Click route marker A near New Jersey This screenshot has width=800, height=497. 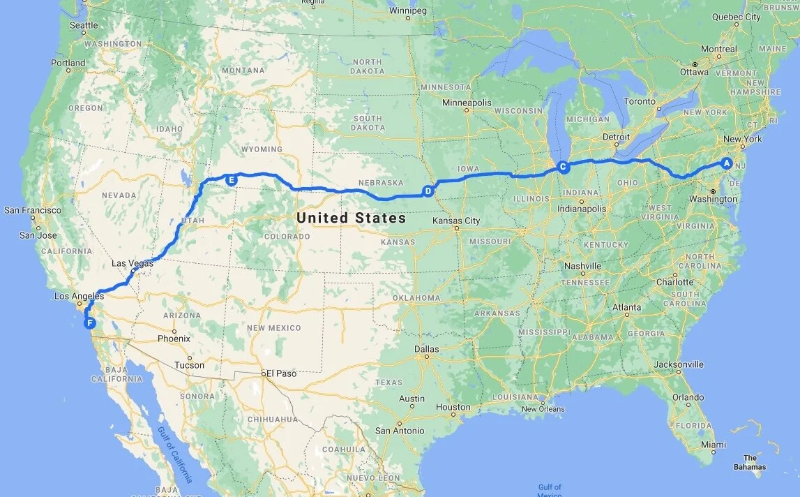coord(726,163)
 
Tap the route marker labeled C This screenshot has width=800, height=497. coord(563,167)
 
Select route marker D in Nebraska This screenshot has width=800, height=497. coord(428,190)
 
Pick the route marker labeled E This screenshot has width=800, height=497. coord(232,179)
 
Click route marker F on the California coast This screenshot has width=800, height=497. coord(89,322)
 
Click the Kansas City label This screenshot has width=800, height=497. coord(456,221)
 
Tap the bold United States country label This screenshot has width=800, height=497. coord(351,218)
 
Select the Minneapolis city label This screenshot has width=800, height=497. coord(467,103)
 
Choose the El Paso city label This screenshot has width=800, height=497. coord(281,373)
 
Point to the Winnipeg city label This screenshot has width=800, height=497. coord(407,11)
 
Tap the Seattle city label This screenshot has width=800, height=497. coord(84,25)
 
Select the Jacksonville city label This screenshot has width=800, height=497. coord(679,364)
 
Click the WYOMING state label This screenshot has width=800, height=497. coord(262,149)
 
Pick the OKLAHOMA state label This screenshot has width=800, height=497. coord(416,298)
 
